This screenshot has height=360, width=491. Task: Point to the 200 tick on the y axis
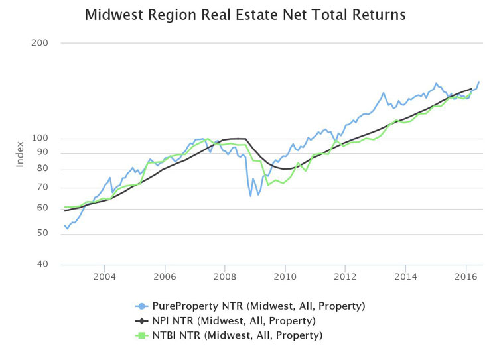coord(40,43)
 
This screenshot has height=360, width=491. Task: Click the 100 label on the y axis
coord(40,139)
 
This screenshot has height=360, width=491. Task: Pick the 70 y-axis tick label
coord(43,188)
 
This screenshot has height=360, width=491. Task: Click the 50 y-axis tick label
coord(43,233)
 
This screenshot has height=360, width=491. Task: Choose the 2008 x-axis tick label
coord(225,276)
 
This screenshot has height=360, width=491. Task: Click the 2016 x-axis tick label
coord(466,276)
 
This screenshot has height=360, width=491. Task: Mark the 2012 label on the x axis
coord(346,276)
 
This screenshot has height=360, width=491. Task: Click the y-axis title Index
coord(21,153)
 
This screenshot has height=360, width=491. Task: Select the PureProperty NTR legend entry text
coord(259,306)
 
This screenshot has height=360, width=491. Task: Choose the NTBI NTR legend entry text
coord(237,335)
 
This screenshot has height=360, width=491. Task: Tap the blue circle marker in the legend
coord(141,306)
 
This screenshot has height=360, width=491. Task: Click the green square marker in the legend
coord(141,335)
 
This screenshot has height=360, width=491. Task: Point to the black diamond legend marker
coord(141,321)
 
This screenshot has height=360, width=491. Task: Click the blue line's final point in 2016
coord(478,82)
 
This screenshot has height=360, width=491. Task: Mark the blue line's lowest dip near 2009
coord(250,196)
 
